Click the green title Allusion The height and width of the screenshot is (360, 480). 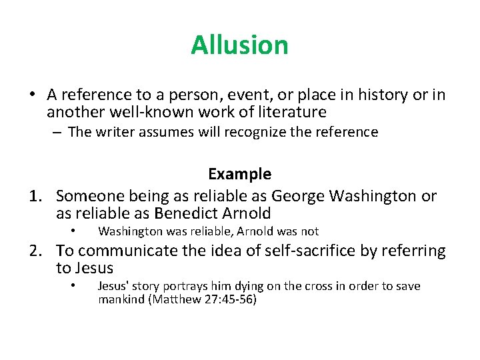coord(239,45)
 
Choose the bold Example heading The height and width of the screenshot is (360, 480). coord(239,175)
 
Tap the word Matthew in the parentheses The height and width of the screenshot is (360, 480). coord(175,299)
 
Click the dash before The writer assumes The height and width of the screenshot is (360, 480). coord(57,132)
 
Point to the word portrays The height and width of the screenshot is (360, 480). coord(184,286)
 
